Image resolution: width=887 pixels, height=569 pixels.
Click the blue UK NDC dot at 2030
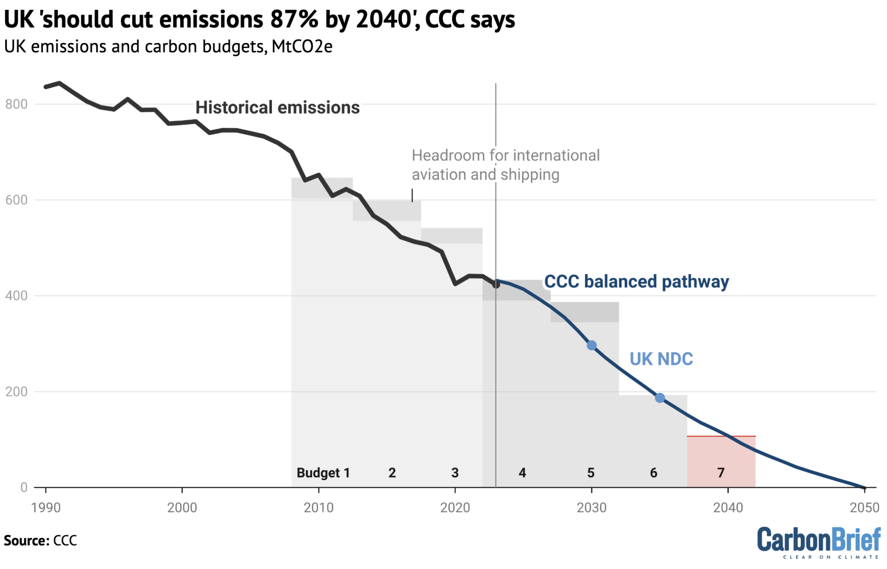592,345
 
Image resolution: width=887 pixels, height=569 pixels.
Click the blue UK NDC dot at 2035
660,398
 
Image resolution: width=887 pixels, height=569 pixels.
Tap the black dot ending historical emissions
496,285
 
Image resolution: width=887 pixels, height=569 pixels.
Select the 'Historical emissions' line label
277,107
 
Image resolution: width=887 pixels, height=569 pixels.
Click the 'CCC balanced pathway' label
636,282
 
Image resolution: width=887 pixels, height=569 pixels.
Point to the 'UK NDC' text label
661,359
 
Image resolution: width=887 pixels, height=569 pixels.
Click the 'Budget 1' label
323,472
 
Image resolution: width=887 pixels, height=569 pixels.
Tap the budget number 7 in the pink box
721,472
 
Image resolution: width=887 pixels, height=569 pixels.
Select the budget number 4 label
522,472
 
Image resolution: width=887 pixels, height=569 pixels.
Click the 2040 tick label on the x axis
728,507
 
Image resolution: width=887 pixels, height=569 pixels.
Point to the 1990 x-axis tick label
45,507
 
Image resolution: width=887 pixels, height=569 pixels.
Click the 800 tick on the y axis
16,104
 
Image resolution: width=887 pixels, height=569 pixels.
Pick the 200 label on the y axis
16,392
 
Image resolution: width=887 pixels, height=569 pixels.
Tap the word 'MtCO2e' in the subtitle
302,46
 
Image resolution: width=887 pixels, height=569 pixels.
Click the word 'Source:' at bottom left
26,541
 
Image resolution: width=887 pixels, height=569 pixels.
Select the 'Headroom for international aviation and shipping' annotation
505,165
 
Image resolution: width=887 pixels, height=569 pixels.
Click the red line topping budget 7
721,436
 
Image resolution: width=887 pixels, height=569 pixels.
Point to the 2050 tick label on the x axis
864,507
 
